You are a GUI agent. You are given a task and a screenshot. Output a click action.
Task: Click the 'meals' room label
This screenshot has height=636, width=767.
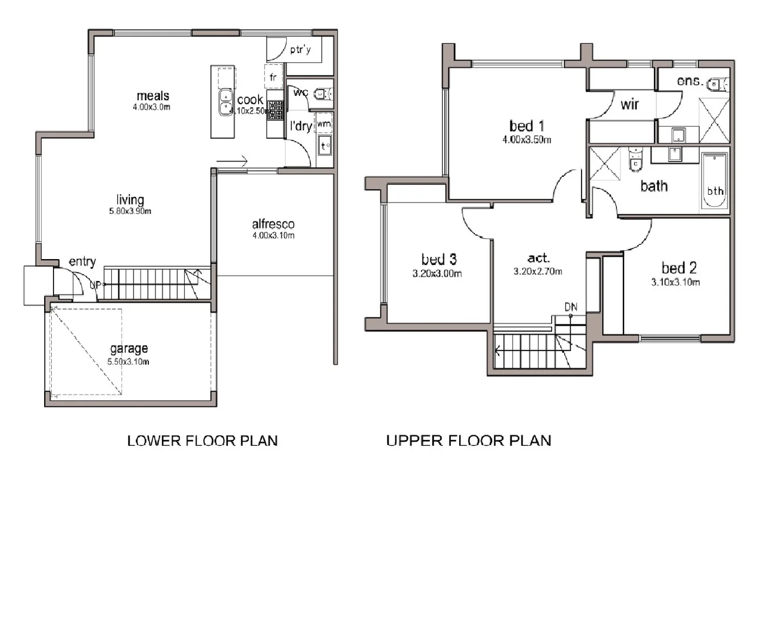pos(153,95)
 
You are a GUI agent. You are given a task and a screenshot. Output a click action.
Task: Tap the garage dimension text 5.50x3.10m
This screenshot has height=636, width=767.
pos(128,362)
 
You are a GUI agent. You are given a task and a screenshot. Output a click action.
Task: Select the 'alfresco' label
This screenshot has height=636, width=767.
pos(273,224)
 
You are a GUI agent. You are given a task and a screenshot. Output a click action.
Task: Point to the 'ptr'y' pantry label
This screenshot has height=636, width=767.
pos(300,50)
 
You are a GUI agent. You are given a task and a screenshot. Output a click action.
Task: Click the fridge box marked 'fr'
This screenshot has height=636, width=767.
pos(273,77)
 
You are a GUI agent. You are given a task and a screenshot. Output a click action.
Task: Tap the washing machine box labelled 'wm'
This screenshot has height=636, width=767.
pos(324,124)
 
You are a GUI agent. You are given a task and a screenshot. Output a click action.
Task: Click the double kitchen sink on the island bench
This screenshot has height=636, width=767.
pos(224,102)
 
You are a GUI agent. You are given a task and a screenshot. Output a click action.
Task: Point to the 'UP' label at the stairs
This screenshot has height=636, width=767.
pos(95,285)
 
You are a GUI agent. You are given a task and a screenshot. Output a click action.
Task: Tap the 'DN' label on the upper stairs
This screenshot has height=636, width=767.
pos(570,307)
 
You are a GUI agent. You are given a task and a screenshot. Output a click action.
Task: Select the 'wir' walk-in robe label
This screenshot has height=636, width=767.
pos(629,105)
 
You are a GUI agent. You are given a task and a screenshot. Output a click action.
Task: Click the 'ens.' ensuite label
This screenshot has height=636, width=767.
pos(689,81)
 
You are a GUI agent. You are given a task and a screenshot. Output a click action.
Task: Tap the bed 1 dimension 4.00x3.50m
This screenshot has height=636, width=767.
pos(526,140)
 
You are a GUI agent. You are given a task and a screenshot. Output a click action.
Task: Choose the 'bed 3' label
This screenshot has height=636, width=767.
pos(439,259)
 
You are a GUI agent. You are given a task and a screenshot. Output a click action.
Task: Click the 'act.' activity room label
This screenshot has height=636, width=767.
pos(538,258)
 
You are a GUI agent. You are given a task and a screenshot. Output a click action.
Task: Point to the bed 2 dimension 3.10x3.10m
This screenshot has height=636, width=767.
pos(675,282)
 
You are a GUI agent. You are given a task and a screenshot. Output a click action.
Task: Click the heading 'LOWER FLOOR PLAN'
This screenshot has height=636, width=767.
pos(202,440)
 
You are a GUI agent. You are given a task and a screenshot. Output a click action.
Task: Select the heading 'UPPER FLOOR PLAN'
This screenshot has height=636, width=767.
pos(469,440)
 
